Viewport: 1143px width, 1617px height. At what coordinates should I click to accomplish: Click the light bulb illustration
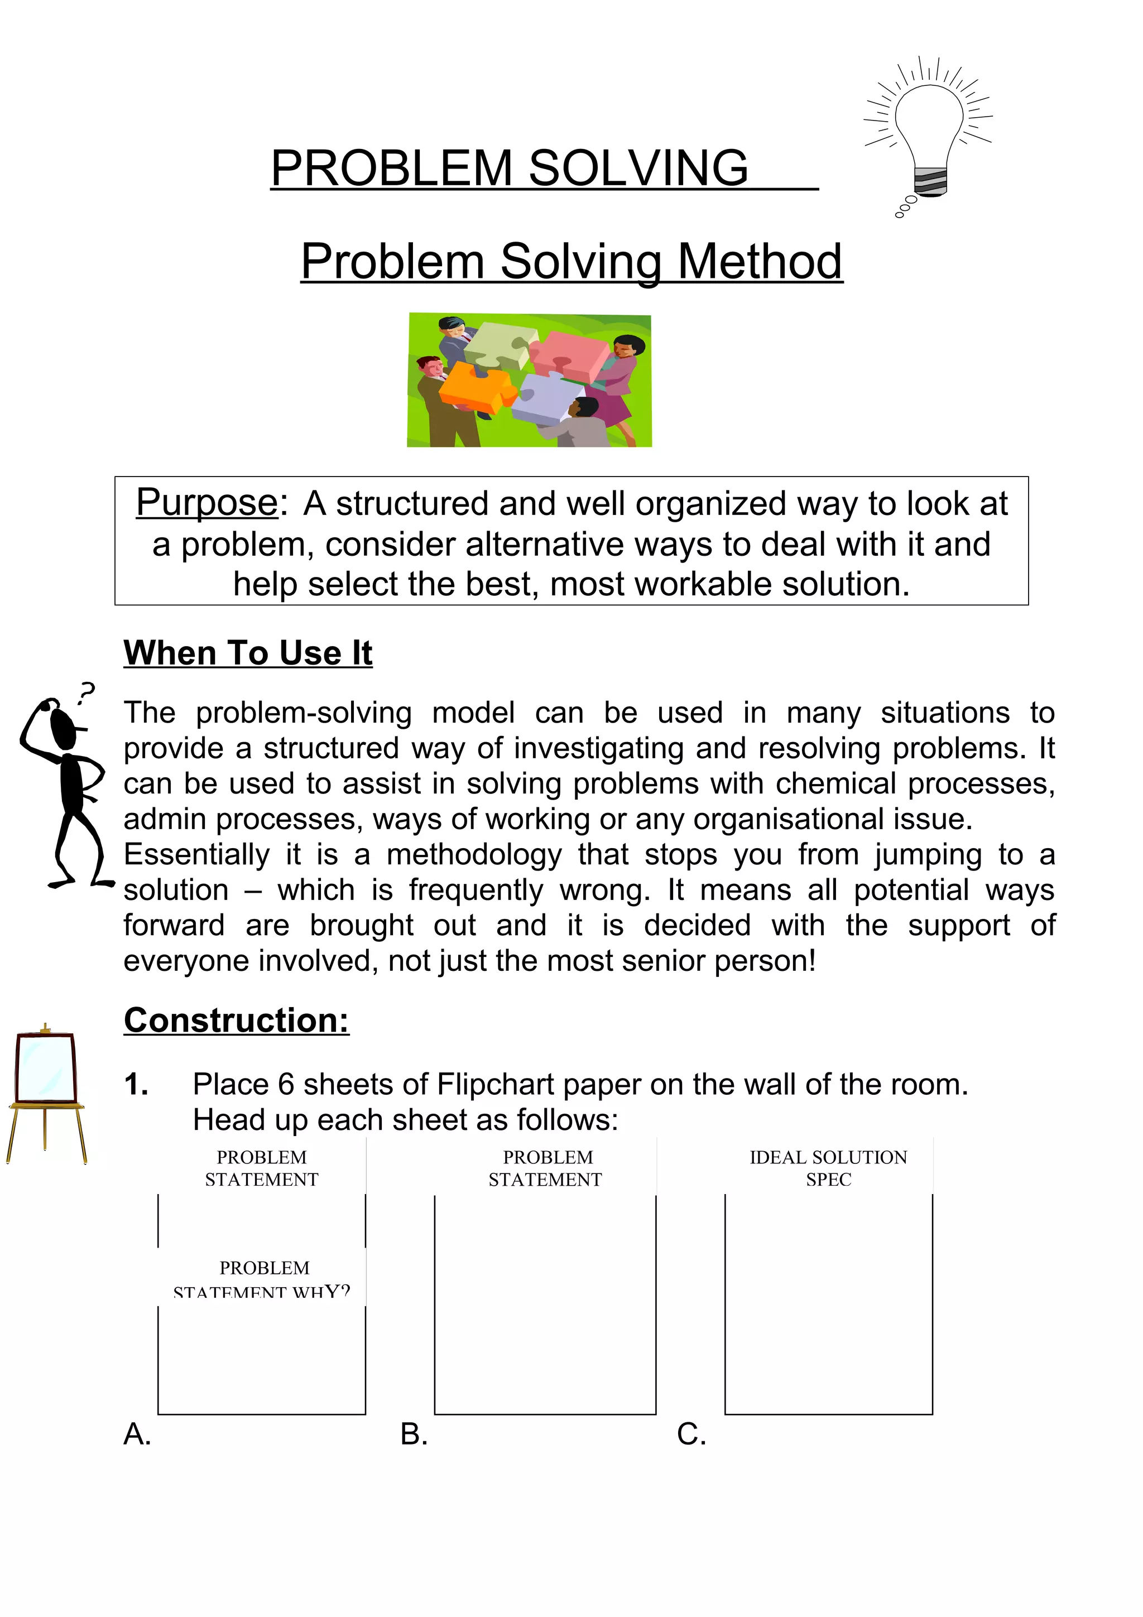pyautogui.click(x=928, y=134)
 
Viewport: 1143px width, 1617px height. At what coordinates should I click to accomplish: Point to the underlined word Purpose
pyautogui.click(x=207, y=503)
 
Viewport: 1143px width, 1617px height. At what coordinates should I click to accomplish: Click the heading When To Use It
pyautogui.click(x=248, y=652)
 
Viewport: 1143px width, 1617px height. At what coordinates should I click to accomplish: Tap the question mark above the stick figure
pyautogui.click(x=86, y=693)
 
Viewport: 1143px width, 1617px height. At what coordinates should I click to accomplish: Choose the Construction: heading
pyautogui.click(x=237, y=1020)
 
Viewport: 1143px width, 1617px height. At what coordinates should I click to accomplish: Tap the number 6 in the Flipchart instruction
pyautogui.click(x=285, y=1085)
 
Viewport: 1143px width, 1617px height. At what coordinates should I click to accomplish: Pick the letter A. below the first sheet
pyautogui.click(x=137, y=1435)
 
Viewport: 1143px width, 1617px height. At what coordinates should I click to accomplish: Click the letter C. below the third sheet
pyautogui.click(x=691, y=1435)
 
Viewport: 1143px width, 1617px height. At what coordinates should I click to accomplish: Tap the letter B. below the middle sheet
pyautogui.click(x=414, y=1435)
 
